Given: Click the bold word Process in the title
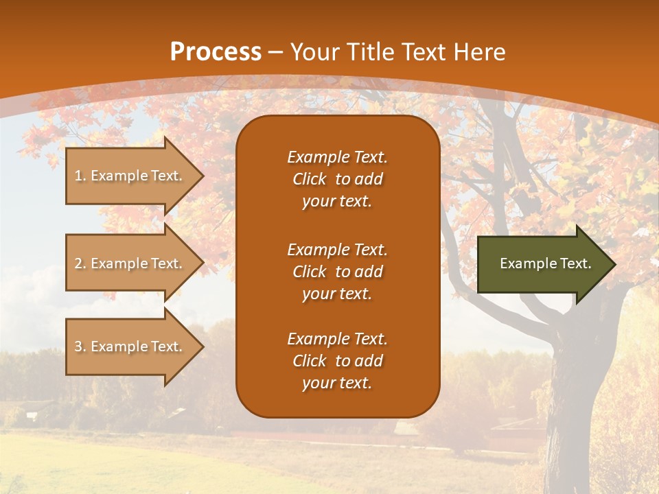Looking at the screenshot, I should (x=216, y=52).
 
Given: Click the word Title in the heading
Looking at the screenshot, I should (x=367, y=52).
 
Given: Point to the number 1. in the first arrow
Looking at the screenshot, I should (x=80, y=176).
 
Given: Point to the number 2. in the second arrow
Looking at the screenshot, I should (x=80, y=263).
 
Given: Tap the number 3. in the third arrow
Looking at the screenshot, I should (x=80, y=346).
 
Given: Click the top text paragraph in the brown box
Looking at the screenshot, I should (x=337, y=179).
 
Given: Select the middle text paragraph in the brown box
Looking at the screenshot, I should (x=337, y=272).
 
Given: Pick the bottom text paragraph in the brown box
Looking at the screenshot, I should (x=337, y=361).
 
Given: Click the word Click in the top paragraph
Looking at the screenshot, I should (x=310, y=179).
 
